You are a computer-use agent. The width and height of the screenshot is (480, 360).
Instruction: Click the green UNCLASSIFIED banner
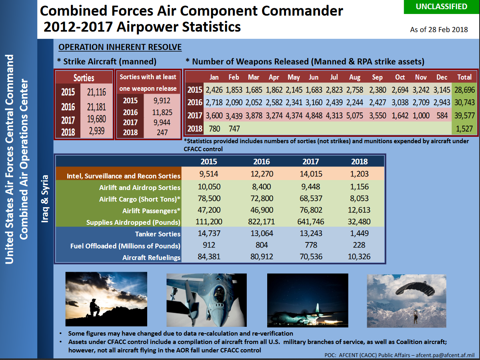442,7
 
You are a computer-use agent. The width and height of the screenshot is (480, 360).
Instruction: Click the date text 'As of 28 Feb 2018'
439,30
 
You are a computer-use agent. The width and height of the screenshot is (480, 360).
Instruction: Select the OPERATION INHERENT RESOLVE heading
120,47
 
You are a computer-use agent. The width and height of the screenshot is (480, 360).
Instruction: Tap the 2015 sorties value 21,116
96,92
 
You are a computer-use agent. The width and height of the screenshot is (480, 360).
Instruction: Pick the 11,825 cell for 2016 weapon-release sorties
162,112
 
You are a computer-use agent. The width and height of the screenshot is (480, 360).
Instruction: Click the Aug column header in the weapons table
354,77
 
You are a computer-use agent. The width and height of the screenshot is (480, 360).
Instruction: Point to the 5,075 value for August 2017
354,116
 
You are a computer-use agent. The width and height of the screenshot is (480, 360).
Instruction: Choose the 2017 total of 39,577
465,116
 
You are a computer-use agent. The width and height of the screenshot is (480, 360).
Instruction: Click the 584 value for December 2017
442,116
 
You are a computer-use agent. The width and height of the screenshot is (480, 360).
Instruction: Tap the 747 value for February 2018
234,129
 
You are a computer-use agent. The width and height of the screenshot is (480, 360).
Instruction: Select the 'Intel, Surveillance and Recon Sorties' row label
124,176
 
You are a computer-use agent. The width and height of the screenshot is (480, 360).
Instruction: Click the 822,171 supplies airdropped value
261,222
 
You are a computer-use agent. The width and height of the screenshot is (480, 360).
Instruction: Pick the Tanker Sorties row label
158,234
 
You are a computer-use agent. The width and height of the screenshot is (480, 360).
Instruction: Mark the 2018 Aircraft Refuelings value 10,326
359,256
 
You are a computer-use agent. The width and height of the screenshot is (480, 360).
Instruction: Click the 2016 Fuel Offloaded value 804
262,245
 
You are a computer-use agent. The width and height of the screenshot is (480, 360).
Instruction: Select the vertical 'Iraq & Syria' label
45,199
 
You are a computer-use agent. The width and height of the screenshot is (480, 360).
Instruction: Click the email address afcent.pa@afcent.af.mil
445,355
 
